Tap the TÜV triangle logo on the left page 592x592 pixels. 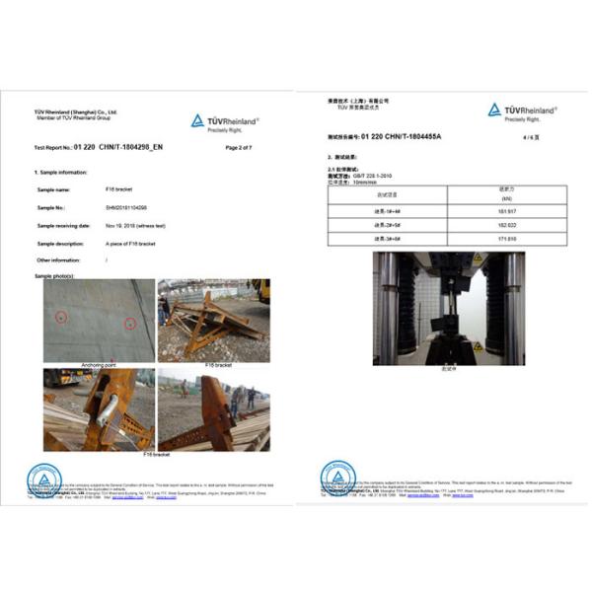(198, 120)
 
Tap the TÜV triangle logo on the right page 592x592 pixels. (494, 111)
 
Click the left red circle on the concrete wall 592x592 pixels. (61, 317)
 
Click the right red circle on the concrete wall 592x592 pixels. (129, 323)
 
